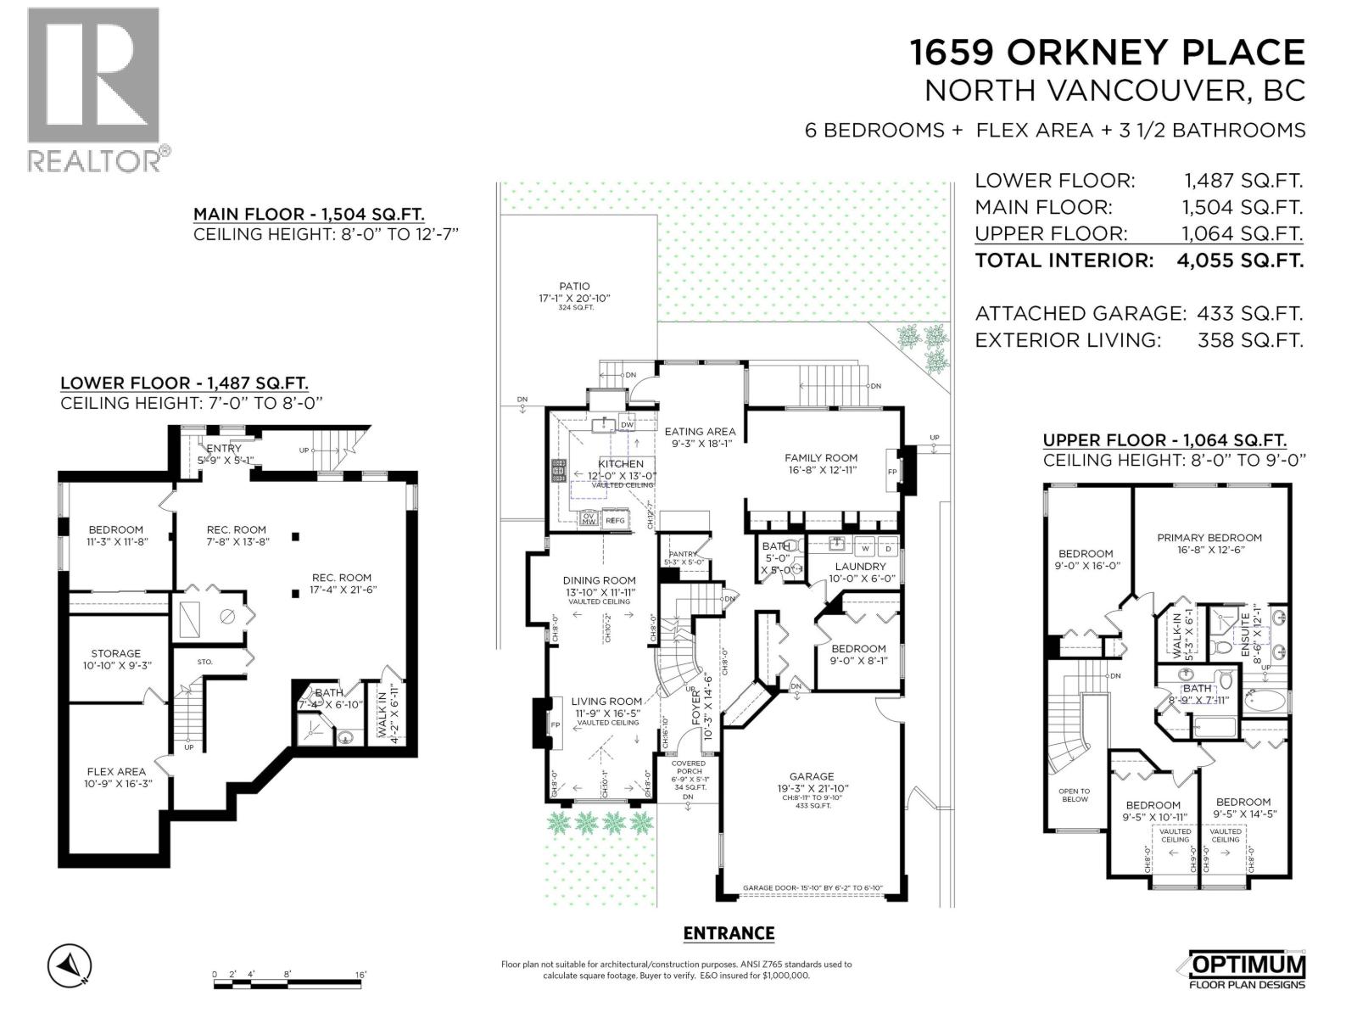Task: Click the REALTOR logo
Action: tap(93, 89)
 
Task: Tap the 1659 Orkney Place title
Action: tap(1107, 53)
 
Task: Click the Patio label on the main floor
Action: tap(574, 287)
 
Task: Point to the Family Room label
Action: tap(821, 458)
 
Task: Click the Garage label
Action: tap(811, 776)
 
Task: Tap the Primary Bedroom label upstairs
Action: tap(1209, 537)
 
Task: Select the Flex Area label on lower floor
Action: tap(116, 772)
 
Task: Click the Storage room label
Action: tap(116, 653)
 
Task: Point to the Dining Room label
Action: tap(600, 581)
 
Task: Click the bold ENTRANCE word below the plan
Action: tap(729, 933)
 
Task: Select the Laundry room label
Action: tap(860, 566)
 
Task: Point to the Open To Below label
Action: tap(1074, 795)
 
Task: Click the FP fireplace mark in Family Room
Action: tap(892, 472)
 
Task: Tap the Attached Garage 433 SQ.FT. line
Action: tap(1138, 313)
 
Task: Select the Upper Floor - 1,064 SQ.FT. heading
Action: tap(1164, 440)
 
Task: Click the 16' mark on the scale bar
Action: tap(360, 975)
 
